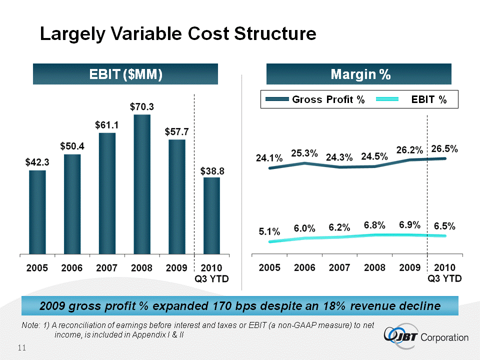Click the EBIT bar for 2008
(142, 183)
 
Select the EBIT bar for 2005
(37, 211)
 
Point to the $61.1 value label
(107, 125)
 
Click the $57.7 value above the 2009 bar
(177, 132)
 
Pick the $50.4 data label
(72, 146)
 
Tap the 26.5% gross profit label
(444, 149)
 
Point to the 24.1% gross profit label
(270, 158)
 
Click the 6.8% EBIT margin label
(374, 225)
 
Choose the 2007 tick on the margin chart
(339, 268)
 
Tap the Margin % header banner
(359, 74)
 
